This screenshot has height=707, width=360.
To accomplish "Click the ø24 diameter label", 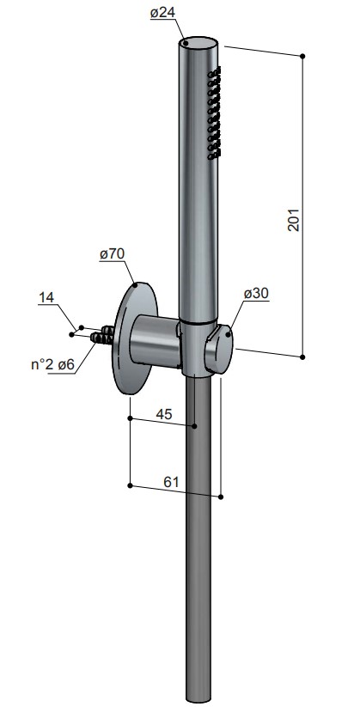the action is [x=162, y=13].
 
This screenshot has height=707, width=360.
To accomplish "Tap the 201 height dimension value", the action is [x=293, y=221].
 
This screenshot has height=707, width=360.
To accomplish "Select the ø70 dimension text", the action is [x=112, y=254].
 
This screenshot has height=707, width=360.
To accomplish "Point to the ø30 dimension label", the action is [x=256, y=294].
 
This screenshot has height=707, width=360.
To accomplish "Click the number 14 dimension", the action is [x=46, y=297].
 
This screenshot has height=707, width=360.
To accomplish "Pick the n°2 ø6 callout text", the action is [x=52, y=365].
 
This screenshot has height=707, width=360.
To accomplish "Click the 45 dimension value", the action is [x=164, y=414].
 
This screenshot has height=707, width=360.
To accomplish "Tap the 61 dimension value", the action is [x=171, y=482].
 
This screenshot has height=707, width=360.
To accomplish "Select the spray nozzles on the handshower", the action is [x=214, y=113].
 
